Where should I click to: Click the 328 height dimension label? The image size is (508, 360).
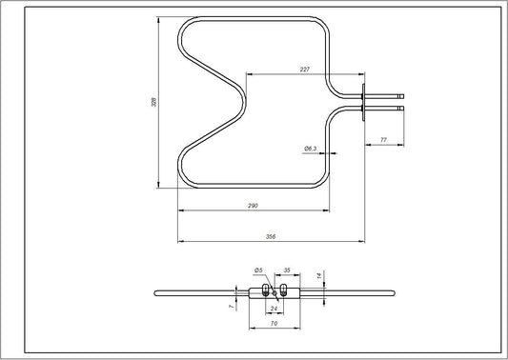click(154, 101)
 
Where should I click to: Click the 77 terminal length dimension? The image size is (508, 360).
click(383, 140)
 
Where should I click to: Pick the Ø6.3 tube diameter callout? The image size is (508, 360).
click(310, 149)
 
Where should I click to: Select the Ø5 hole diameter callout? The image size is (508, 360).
click(257, 271)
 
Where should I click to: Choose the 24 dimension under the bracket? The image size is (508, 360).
click(274, 308)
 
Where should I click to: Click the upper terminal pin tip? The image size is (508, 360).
click(404, 93)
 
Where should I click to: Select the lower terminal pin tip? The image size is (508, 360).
click(404, 108)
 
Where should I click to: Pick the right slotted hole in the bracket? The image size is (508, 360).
click(284, 290)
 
